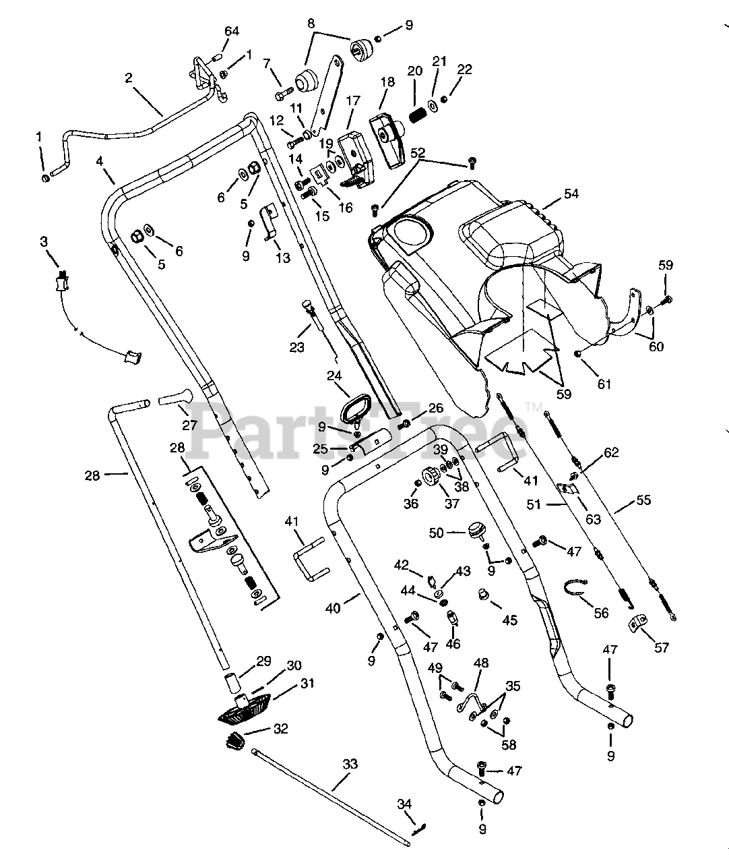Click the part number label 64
[x=232, y=31]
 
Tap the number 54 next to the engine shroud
[x=571, y=194]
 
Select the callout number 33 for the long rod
[x=350, y=764]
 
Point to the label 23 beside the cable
[x=296, y=347]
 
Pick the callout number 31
[x=307, y=684]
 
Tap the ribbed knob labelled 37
[x=429, y=477]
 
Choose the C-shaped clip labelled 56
[x=575, y=587]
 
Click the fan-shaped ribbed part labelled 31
[x=244, y=709]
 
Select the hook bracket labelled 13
[x=270, y=222]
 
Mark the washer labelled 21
[x=433, y=105]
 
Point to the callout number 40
[x=333, y=608]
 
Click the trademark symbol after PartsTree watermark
[x=534, y=407]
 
